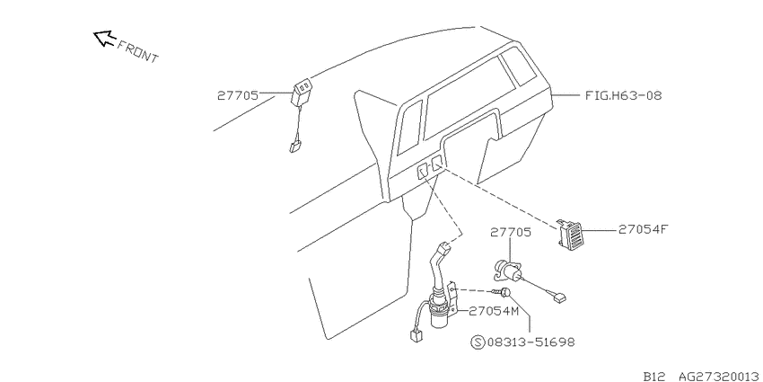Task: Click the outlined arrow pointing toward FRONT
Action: coord(104,38)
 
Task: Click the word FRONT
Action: coord(138,51)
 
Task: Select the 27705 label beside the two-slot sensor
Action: coord(238,95)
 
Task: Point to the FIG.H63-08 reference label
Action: coord(623,95)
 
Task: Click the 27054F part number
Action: coord(641,229)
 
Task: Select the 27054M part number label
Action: coord(494,311)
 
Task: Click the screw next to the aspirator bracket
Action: coord(502,292)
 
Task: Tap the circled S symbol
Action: coord(478,342)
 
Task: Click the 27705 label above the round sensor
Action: coord(511,233)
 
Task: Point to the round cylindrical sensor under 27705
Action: coord(507,271)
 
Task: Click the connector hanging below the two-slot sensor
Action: coord(294,147)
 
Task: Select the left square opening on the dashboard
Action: coord(422,171)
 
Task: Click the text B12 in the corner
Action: coord(654,376)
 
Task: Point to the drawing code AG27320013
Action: coord(719,376)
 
